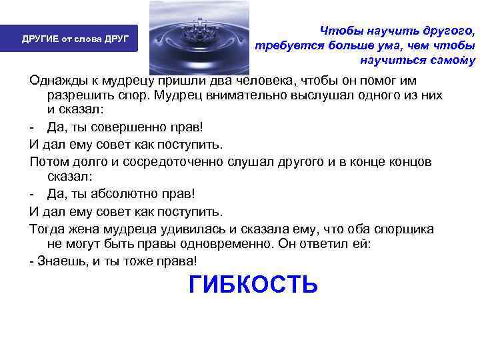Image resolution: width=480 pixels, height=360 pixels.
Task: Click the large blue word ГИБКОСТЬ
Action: pos(253,284)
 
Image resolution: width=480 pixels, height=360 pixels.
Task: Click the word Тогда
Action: pos(46,229)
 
